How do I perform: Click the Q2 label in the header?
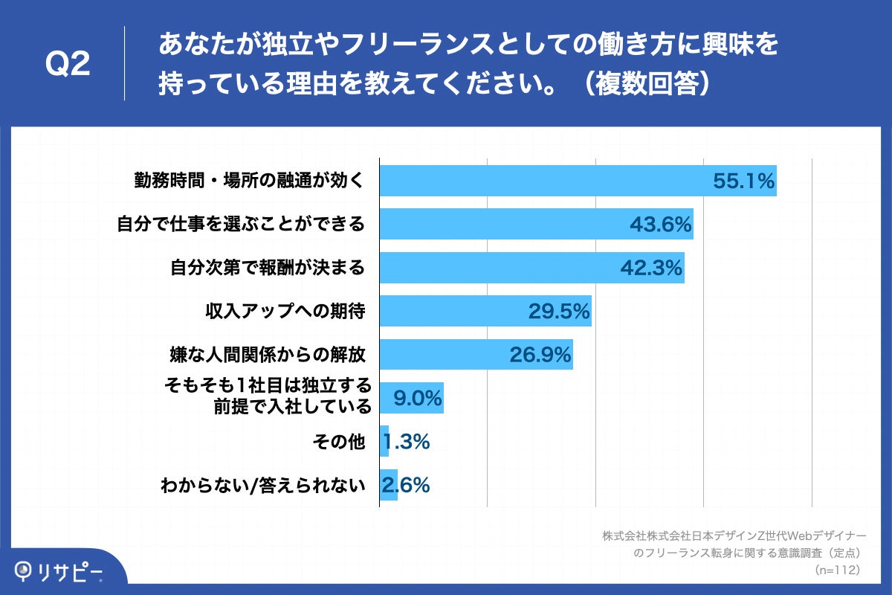pyautogui.click(x=68, y=64)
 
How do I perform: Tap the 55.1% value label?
pyautogui.click(x=743, y=181)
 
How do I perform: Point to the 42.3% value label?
pyautogui.click(x=651, y=268)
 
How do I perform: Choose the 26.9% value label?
pyautogui.click(x=540, y=355)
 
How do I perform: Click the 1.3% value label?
pyautogui.click(x=407, y=442)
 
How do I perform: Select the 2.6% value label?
pyautogui.click(x=406, y=486)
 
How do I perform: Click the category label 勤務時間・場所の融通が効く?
pyautogui.click(x=249, y=181)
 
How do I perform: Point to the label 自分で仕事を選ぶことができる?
pyautogui.click(x=241, y=224)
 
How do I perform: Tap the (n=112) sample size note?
pyautogui.click(x=838, y=570)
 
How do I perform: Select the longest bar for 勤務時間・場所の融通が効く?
pyautogui.click(x=578, y=181)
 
